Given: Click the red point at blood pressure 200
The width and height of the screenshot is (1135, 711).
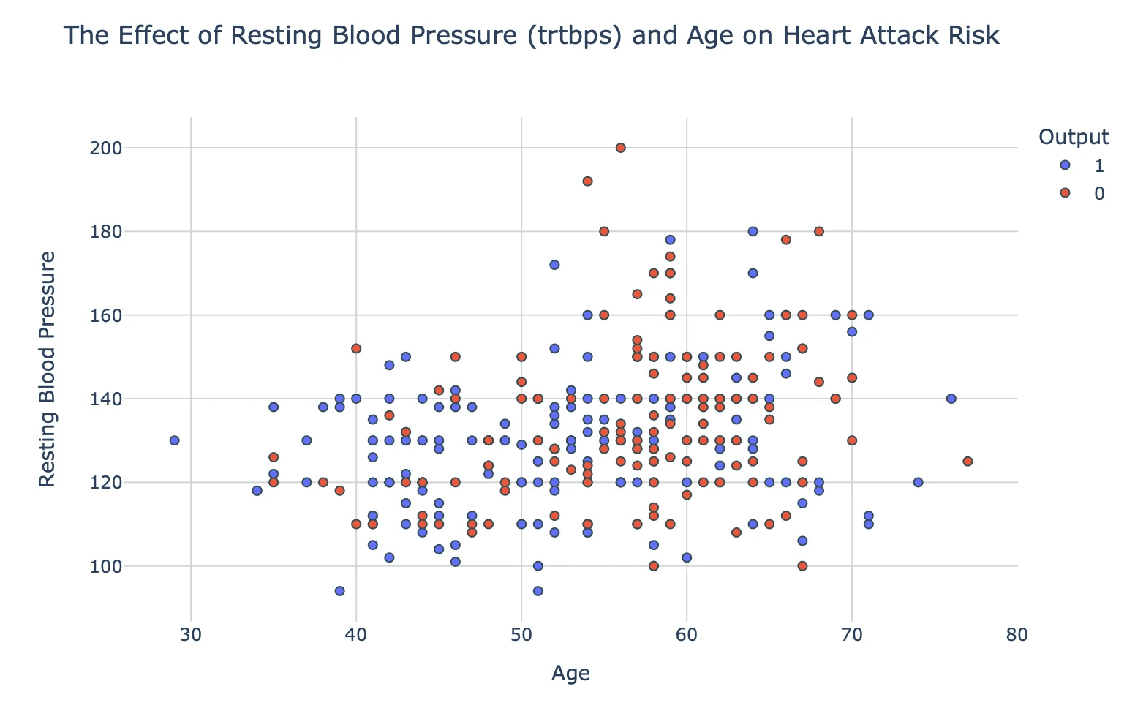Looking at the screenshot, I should point(621,148).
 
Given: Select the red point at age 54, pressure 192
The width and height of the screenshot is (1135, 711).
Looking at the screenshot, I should point(587,181).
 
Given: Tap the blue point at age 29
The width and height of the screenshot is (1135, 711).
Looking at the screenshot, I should point(174,440).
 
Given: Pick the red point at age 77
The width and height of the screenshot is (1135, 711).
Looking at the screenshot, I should point(968,462).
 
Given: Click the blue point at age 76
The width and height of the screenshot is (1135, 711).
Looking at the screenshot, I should point(951,399).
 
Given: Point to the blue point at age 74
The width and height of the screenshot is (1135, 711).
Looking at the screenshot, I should point(918,483).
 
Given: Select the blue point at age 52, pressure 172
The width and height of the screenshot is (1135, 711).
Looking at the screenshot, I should point(554,265).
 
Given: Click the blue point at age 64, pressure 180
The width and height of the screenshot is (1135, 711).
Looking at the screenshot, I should point(753,231).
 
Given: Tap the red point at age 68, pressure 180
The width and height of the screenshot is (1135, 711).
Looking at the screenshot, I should point(819,231).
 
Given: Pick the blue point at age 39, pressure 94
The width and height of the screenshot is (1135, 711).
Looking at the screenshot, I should point(339,591).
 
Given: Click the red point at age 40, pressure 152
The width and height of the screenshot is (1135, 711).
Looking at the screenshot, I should point(356,348).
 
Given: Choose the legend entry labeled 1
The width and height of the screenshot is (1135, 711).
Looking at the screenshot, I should point(1085,166).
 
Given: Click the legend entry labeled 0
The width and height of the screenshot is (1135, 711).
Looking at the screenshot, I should point(1085,193).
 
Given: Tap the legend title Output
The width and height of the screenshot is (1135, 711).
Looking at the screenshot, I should point(1074,137).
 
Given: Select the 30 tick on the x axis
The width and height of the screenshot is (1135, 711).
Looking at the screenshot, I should point(191,633).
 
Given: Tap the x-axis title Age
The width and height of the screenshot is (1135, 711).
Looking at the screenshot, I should point(570,674).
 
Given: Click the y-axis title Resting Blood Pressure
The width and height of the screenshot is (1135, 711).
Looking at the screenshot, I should point(48,369).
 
